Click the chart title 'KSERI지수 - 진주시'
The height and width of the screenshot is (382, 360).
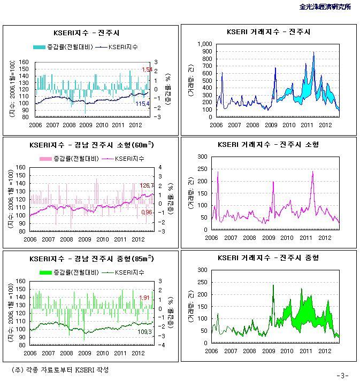click(x=90, y=32)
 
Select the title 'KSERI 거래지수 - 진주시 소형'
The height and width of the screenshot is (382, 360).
click(x=269, y=145)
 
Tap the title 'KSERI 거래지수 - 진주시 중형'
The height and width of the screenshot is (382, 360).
click(x=269, y=258)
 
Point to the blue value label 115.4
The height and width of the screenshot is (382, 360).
click(x=142, y=104)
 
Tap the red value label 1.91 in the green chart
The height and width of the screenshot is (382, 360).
click(x=144, y=298)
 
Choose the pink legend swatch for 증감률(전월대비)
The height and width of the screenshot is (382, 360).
click(x=44, y=159)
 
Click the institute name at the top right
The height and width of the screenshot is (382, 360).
click(x=326, y=7)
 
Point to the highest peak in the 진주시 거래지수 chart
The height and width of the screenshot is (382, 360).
click(x=313, y=52)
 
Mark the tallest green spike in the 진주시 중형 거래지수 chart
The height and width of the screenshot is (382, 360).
click(x=273, y=285)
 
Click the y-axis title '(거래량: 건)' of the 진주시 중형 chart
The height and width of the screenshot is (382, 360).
click(x=191, y=307)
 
